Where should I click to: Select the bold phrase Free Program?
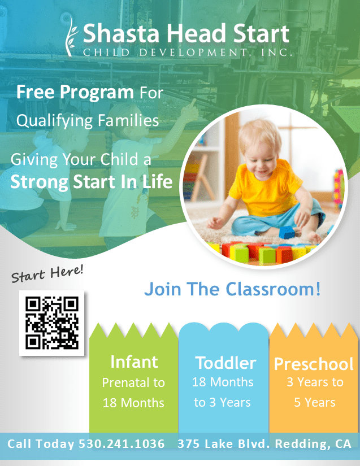pos(75,92)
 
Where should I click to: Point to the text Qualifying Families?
pos(88,120)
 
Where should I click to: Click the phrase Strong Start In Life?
pos(92,182)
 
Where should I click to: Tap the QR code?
pos(51,323)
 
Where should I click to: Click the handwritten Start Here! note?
pos(47,273)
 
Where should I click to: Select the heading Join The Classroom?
pos(232,290)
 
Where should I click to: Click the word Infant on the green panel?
pos(134,362)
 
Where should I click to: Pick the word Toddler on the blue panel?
pos(225,363)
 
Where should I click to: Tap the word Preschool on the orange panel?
pos(314,364)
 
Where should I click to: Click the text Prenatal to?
pos(133,382)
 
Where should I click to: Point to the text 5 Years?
pos(314,403)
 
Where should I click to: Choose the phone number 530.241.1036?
pos(122,443)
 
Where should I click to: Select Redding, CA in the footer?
pos(313,443)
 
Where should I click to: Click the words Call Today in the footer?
pos(41,443)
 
